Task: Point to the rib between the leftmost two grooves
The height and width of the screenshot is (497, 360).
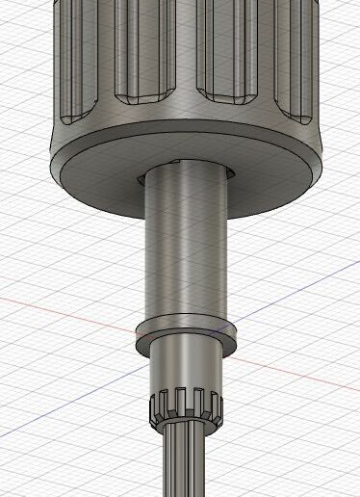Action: [x=102, y=58]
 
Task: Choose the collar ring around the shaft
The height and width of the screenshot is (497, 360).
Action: [x=187, y=329]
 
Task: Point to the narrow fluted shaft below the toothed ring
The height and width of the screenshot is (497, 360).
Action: [x=186, y=462]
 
